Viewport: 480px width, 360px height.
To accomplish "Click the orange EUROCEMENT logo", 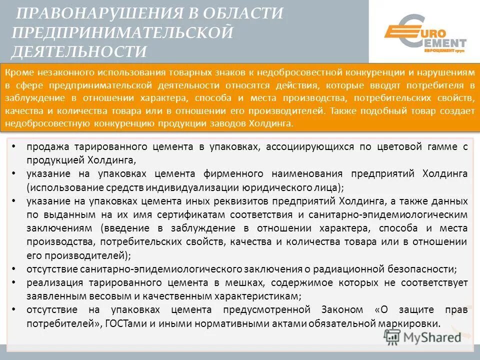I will click(424, 33).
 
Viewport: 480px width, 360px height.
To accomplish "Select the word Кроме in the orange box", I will click(18, 73).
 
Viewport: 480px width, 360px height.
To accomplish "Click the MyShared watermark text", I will click(432, 337).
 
